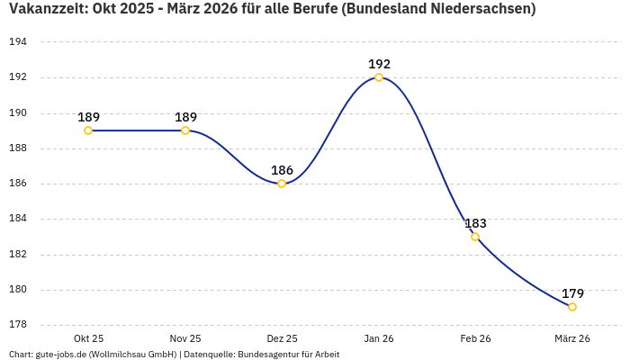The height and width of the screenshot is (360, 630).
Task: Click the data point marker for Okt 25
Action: (88, 130)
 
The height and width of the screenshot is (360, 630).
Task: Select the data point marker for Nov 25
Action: (185, 130)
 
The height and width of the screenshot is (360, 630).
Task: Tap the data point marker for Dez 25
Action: (282, 184)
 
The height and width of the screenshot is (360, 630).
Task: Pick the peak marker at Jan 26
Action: (379, 77)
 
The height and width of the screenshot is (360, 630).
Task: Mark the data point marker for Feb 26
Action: (475, 237)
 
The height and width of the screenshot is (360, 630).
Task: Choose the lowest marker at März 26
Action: (572, 307)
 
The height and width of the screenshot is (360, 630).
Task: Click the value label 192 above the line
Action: (379, 64)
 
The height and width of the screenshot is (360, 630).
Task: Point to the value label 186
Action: (282, 170)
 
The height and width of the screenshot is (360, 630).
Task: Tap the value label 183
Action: (475, 223)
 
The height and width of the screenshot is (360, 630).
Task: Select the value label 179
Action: (572, 293)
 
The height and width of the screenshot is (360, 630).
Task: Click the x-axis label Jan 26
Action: (379, 338)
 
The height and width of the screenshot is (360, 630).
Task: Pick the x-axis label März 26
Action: (572, 338)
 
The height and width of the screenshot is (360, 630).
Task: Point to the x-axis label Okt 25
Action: (88, 338)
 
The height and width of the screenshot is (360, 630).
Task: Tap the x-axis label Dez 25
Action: (282, 338)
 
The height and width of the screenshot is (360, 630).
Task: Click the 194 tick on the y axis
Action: (18, 42)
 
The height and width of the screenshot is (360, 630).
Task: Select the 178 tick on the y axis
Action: (18, 325)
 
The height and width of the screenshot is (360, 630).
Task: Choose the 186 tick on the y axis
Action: (18, 184)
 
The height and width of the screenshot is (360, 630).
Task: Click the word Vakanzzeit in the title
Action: (45, 10)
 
